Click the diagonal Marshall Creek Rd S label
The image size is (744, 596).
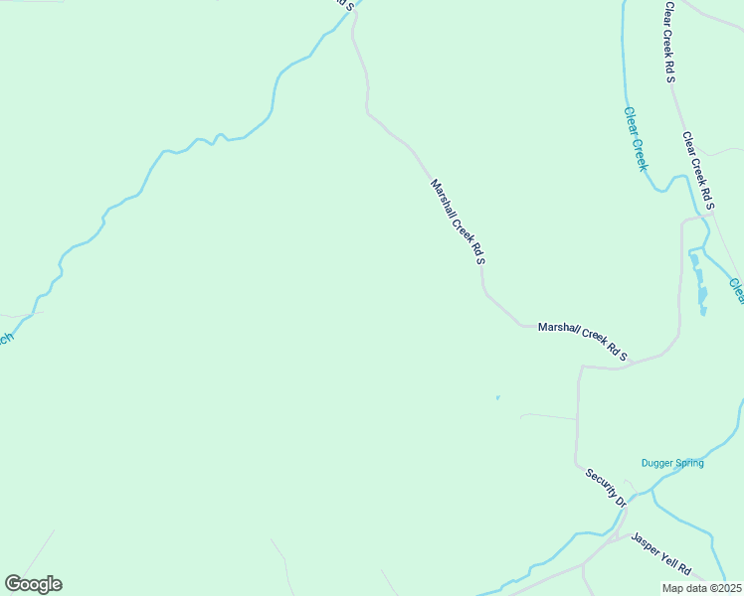click(x=458, y=222)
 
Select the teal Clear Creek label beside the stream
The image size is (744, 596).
click(x=636, y=139)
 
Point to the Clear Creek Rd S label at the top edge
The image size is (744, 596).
click(x=671, y=41)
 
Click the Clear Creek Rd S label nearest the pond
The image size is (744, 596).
click(x=698, y=171)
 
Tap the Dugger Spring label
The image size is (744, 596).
click(x=672, y=463)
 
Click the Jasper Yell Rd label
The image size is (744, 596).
click(x=661, y=553)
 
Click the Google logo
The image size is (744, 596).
click(x=33, y=584)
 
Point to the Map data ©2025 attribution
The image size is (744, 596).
click(x=701, y=588)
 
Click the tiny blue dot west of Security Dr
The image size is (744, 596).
click(x=497, y=398)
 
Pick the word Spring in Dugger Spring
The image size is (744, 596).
click(x=687, y=463)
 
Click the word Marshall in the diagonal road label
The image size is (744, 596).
click(x=442, y=197)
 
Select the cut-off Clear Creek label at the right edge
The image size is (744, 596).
click(x=737, y=289)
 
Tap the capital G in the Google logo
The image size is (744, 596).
click(x=13, y=583)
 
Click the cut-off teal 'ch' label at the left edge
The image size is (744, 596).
click(x=5, y=338)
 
